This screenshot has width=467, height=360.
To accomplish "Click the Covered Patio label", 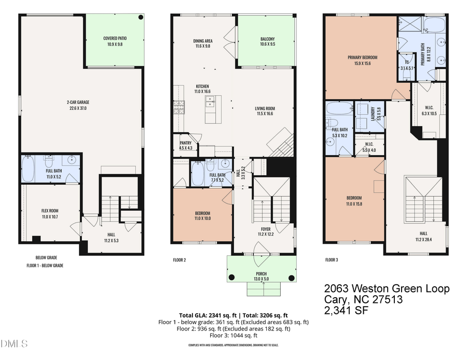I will pyautogui.click(x=115, y=41).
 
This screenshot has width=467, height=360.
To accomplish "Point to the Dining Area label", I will pyautogui.click(x=202, y=43).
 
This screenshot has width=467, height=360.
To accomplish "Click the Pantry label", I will pyautogui.click(x=185, y=145).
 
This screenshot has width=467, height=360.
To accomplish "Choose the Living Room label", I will pyautogui.click(x=265, y=112).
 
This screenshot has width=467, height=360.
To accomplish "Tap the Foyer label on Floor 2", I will pyautogui.click(x=265, y=231).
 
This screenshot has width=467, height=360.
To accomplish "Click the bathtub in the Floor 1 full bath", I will pyautogui.click(x=29, y=168).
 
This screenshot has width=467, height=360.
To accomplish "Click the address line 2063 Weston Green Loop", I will pyautogui.click(x=387, y=289).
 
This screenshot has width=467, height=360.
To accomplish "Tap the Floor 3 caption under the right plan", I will pyautogui.click(x=332, y=259).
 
